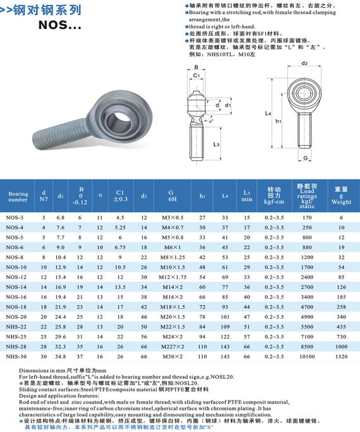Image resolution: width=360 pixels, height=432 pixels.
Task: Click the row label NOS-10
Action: click(17, 267)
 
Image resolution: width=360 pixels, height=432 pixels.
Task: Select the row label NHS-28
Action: click(17, 347)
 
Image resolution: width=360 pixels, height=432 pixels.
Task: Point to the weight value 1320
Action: click(342, 357)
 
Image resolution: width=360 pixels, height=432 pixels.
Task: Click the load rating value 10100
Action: click(307, 357)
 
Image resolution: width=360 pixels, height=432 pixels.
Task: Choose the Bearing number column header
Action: click(18, 196)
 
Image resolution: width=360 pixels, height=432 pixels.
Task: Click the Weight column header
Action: click(342, 196)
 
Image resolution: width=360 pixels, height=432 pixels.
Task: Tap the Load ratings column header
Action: click(307, 196)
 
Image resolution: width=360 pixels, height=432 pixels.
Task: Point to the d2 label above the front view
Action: click(304, 63)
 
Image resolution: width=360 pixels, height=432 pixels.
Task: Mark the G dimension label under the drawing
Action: click(304, 157)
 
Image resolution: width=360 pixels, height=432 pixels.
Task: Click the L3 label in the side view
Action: click(216, 145)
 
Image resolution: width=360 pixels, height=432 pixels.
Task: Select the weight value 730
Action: click(342, 337)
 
